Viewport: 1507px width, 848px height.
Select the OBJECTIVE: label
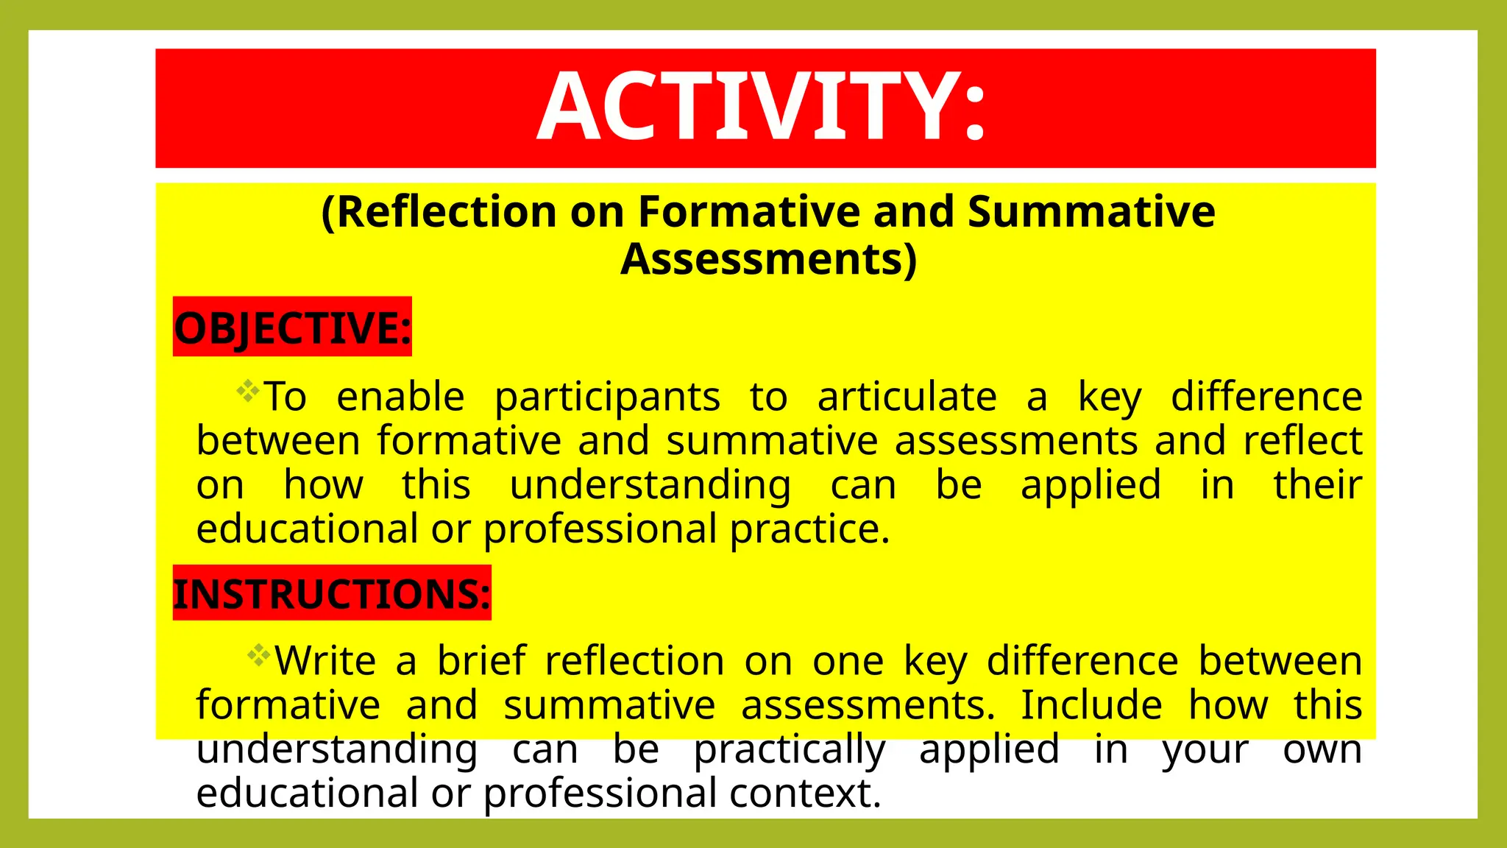pos(292,328)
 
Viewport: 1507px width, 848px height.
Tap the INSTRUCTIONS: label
pos(331,593)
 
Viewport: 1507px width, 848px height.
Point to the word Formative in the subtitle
pos(749,212)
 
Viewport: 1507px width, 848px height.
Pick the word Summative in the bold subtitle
pos(1091,212)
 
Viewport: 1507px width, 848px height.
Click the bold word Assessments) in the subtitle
pos(769,259)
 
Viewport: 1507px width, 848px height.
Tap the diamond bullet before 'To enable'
pos(248,390)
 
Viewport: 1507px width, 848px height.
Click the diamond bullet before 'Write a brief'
pos(258,654)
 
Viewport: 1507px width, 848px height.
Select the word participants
pos(607,398)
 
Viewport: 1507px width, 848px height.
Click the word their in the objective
pos(1318,485)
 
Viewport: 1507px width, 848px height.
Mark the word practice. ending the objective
pos(810,529)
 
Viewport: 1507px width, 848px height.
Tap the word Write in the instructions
pos(325,660)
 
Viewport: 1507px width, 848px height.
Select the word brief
pos(482,660)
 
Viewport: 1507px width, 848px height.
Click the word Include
pos(1091,704)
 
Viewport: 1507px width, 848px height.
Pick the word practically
pos(790,750)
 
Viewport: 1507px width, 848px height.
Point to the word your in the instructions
pos(1205,750)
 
